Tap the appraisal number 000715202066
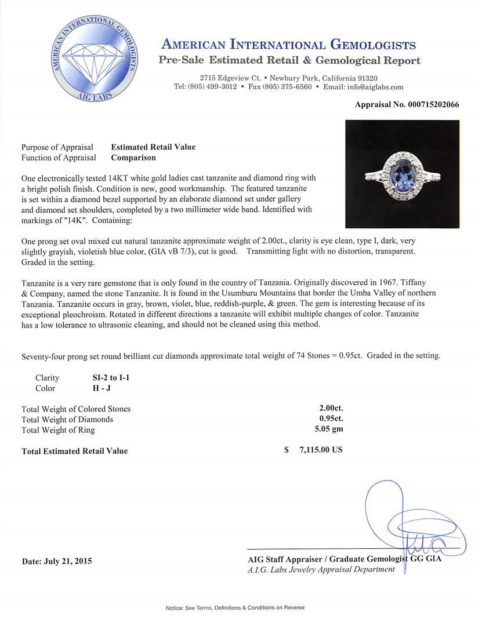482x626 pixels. tap(407, 105)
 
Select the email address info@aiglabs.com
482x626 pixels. tap(372, 87)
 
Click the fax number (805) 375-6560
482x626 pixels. tap(280, 87)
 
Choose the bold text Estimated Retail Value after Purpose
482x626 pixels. tap(153, 147)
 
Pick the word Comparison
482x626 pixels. tap(133, 158)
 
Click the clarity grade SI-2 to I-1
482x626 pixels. tap(107, 378)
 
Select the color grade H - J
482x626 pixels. tap(96, 388)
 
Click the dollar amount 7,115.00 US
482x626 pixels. tap(319, 450)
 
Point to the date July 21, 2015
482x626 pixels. tap(57, 561)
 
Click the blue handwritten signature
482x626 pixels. tap(406, 527)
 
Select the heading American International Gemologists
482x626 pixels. tap(289, 45)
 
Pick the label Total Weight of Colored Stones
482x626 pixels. tap(76, 409)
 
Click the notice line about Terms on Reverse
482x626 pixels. tap(235, 607)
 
